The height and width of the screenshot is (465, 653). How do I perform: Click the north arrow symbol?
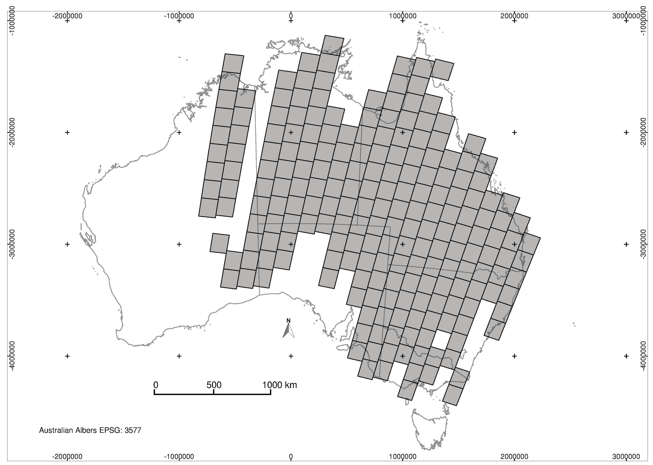289,331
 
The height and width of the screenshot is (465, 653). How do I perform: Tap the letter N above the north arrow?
289,320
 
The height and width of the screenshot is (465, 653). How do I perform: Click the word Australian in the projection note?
56,430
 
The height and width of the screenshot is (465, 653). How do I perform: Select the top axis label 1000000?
403,16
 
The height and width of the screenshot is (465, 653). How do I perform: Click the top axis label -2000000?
67,16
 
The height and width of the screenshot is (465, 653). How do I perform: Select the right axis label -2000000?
644,132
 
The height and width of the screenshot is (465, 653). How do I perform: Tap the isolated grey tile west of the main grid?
220,243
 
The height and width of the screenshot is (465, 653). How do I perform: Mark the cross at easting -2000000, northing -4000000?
67,356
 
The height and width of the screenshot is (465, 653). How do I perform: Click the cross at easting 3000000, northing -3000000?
626,244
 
